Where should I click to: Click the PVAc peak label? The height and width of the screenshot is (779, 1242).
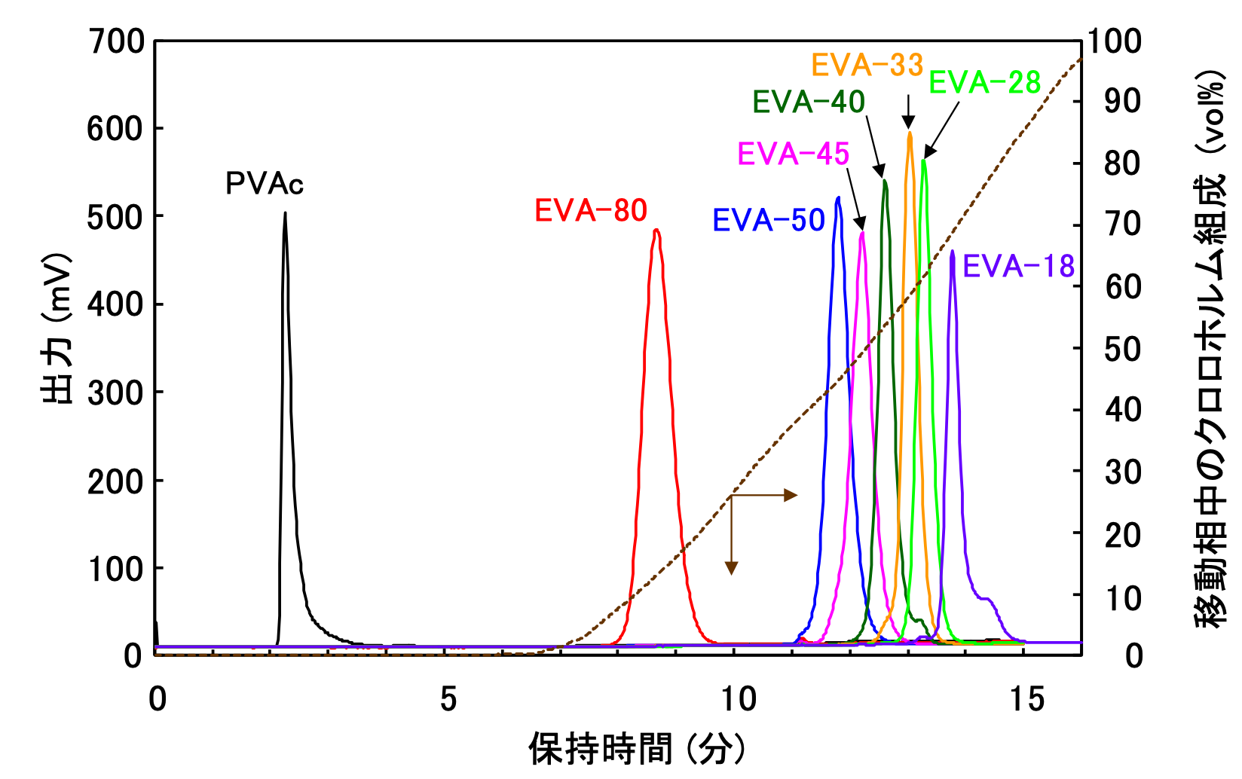[x=265, y=184]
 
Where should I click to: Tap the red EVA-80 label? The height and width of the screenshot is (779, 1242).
[x=591, y=211]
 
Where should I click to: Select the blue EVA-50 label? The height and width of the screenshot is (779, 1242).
[x=769, y=221]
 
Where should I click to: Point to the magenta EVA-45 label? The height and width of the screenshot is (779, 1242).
[x=793, y=154]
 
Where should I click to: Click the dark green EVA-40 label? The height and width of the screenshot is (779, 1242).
[x=809, y=102]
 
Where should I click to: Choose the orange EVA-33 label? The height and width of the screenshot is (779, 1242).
[x=867, y=66]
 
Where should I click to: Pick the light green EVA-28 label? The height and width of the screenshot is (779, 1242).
[x=984, y=83]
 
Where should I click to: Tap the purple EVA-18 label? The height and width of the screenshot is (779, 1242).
[x=1018, y=267]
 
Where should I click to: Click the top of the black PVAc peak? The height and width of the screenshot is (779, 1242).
[x=285, y=213]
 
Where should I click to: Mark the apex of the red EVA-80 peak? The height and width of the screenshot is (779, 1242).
[x=656, y=231]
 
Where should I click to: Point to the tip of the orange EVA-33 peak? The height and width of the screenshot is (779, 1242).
[x=910, y=133]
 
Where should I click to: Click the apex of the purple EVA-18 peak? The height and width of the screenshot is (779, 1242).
[x=953, y=252]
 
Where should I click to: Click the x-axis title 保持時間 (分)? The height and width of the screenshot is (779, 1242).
[x=637, y=750]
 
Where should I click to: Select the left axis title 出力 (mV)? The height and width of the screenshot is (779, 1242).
[x=57, y=328]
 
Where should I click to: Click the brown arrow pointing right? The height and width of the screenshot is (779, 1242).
[x=788, y=495]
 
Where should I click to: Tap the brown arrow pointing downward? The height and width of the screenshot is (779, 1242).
[x=731, y=567]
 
